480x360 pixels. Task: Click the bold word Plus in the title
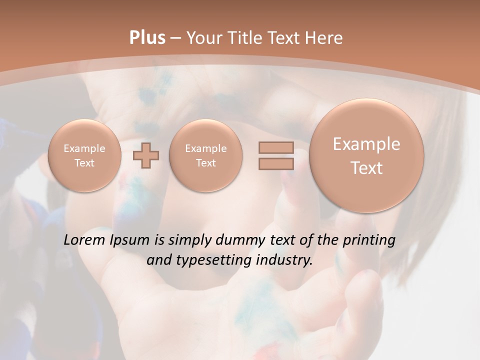[x=147, y=38]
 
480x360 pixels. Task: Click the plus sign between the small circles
[x=146, y=155]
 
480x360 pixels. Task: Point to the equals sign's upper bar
[x=276, y=148]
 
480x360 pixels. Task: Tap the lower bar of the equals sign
[x=276, y=163]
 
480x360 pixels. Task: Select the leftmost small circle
[x=84, y=155]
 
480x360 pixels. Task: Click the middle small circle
[x=205, y=155]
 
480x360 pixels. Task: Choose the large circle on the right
[x=366, y=155]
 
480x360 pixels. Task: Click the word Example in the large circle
[x=366, y=144]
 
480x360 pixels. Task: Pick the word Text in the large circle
[x=366, y=168]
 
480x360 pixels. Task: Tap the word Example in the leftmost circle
[x=84, y=148]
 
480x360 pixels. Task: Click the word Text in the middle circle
[x=205, y=163]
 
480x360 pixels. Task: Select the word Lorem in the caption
[x=84, y=240]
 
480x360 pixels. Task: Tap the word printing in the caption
[x=369, y=240]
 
